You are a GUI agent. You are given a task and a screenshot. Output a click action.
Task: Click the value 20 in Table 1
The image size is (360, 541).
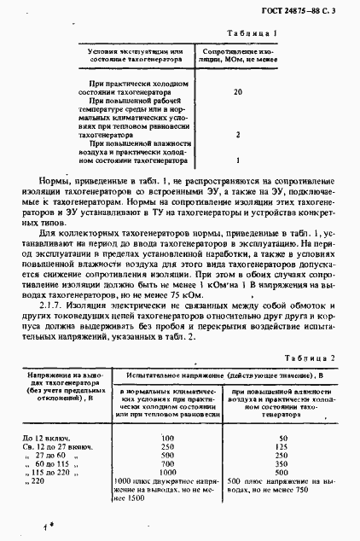click(x=238, y=91)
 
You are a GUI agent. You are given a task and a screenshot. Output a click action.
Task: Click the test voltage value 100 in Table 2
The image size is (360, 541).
click(x=167, y=438)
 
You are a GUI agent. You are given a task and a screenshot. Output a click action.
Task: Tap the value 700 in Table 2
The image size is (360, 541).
click(x=167, y=464)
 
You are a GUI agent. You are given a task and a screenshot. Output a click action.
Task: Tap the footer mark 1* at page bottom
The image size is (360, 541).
click(x=49, y=529)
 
